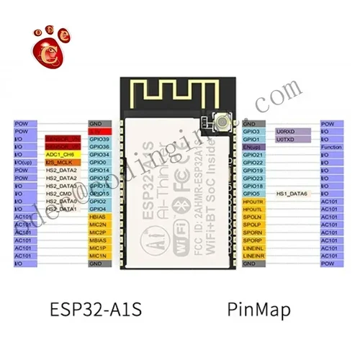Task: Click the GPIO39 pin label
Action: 99,139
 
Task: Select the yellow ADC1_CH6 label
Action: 60,154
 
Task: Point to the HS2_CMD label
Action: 59,193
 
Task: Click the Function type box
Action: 333,147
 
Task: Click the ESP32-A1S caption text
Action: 96,310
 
